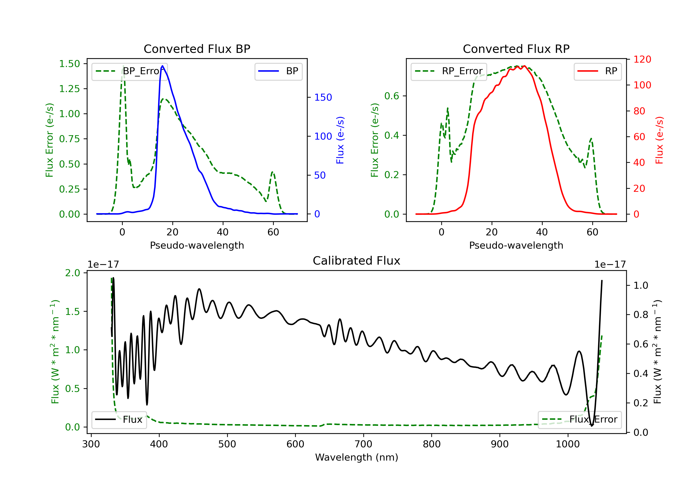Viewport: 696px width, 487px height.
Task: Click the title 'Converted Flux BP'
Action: (x=197, y=49)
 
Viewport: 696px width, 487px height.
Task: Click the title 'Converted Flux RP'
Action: (x=516, y=49)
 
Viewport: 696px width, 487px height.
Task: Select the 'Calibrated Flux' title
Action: (x=357, y=261)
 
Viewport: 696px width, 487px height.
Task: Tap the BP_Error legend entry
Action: (x=130, y=71)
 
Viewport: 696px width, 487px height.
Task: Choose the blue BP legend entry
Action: (x=278, y=71)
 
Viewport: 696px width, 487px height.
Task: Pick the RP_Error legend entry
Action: (x=449, y=71)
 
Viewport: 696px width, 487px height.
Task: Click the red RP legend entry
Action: (x=597, y=71)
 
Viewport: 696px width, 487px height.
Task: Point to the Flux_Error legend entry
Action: (x=580, y=420)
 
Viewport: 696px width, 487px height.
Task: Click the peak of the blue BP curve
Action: (x=162, y=66)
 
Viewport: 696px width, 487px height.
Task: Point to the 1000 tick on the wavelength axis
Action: (x=567, y=444)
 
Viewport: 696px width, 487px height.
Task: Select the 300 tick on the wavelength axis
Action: (x=91, y=444)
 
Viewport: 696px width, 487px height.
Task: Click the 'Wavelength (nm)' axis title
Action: (x=357, y=457)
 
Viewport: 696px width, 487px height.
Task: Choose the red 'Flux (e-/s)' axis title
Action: (x=659, y=140)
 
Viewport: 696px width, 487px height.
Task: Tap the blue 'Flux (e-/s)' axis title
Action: (x=340, y=140)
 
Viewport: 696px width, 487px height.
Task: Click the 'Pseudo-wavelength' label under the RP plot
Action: (x=516, y=245)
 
